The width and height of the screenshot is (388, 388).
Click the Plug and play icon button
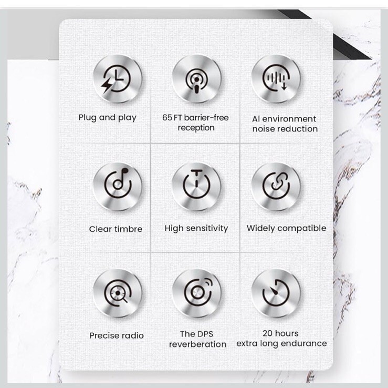(118, 79)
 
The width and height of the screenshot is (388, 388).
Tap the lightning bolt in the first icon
(107, 84)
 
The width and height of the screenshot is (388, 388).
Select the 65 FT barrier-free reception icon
(196, 79)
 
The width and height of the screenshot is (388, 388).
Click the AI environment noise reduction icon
(276, 79)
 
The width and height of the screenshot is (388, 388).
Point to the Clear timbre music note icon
(118, 186)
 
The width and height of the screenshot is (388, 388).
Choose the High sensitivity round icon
(196, 186)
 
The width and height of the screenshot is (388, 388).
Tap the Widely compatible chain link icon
(276, 186)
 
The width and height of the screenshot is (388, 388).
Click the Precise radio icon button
(118, 293)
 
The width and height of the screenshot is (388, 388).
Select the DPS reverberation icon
(196, 293)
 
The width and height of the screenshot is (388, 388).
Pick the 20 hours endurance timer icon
(276, 293)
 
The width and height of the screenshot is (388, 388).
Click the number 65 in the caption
(167, 117)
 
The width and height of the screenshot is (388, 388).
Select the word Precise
(103, 335)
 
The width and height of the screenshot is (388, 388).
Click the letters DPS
(205, 334)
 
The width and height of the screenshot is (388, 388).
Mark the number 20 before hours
(267, 333)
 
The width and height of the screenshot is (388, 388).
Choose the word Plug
(88, 118)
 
